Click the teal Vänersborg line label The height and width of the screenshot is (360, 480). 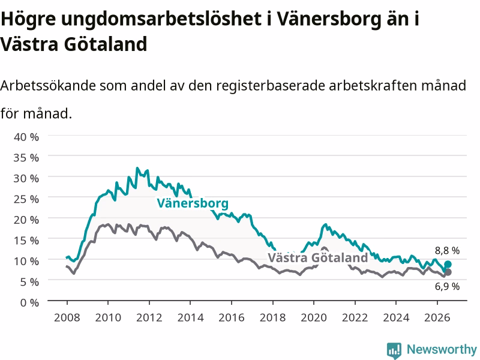[x=193, y=203]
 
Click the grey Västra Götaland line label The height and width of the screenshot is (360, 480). [x=318, y=257]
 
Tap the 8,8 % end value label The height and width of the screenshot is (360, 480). [x=447, y=251]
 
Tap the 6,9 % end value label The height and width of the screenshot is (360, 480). [x=447, y=287]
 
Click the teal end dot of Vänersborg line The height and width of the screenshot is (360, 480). [x=448, y=264]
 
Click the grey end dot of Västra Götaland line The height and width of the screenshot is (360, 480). [x=448, y=272]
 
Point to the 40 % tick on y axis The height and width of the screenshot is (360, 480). [x=26, y=137]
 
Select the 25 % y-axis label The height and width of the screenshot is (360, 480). [x=26, y=199]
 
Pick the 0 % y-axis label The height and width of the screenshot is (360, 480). [x=29, y=302]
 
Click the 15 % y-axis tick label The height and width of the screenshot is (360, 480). [x=26, y=241]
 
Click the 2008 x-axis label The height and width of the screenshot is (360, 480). [x=67, y=317]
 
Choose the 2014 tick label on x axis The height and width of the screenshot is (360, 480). [x=190, y=317]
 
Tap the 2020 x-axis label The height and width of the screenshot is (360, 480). [x=314, y=317]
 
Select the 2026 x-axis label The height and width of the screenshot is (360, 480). [x=437, y=317]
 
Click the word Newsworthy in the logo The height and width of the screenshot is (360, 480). [x=442, y=349]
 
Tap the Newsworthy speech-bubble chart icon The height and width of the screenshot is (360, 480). [x=394, y=350]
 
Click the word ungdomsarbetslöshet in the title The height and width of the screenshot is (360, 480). [x=161, y=19]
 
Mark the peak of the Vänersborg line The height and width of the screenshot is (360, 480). [x=137, y=168]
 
